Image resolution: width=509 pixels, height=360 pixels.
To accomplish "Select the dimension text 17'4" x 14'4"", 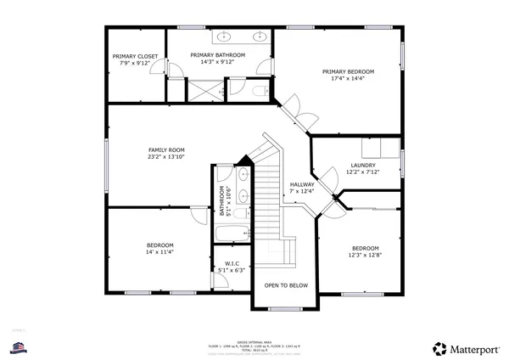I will (x=348, y=78).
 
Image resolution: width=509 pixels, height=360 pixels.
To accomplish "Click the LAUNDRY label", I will (x=362, y=165).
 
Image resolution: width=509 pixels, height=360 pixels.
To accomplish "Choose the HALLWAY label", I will (x=302, y=184).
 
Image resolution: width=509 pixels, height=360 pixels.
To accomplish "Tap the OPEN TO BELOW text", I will (x=286, y=285).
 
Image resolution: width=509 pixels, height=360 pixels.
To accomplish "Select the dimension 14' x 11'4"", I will (x=159, y=252).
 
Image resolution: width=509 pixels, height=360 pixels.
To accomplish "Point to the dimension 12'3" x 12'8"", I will (x=365, y=255).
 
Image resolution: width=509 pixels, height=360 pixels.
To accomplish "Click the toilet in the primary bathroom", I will (x=260, y=89).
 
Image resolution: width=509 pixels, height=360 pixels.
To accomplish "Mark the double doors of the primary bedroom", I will (x=294, y=108).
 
